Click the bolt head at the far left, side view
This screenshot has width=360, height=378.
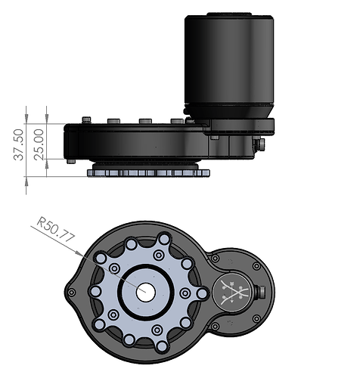(x=87, y=119)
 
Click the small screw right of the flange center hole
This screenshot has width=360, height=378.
(x=184, y=293)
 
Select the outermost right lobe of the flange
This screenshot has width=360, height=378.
(x=203, y=293)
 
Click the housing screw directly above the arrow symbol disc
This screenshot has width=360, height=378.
(x=214, y=259)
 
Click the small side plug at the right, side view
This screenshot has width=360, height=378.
(x=259, y=144)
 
